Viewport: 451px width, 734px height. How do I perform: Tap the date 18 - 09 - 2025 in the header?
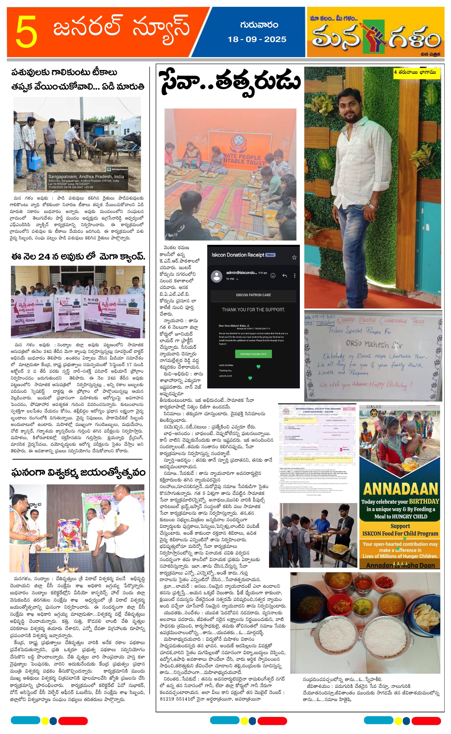pos(257,39)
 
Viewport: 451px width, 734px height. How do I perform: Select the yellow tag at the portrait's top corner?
pos(416,73)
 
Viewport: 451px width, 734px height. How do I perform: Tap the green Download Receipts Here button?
pos(253,354)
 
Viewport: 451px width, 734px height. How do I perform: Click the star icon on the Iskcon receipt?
pos(294,257)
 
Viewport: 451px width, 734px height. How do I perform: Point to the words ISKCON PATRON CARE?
pos(253,295)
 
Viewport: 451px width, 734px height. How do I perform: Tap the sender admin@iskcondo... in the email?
pos(241,273)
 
